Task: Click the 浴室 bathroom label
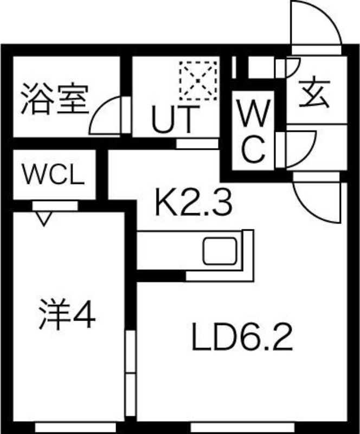(55, 99)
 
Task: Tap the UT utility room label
(176, 119)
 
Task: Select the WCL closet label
(54, 175)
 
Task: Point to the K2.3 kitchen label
(193, 202)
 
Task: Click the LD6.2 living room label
(242, 337)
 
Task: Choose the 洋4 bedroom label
(67, 314)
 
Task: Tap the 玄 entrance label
(315, 94)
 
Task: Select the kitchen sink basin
(220, 251)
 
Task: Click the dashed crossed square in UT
(198, 81)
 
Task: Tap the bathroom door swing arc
(105, 116)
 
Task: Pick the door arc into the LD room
(316, 202)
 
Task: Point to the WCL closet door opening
(55, 206)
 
